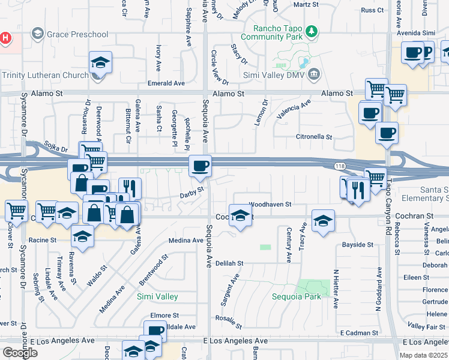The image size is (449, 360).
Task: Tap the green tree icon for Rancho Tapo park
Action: [x=311, y=30]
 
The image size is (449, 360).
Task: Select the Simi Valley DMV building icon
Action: [x=313, y=75]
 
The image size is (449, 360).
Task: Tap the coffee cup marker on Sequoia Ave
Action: [x=200, y=165]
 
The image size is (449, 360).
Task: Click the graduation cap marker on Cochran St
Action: [x=240, y=218]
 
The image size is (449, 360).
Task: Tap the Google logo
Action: [x=20, y=352]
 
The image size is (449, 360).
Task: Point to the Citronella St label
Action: [x=314, y=137]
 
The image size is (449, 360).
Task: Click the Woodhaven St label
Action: [x=270, y=205]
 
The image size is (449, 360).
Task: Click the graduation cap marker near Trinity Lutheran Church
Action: [x=101, y=62]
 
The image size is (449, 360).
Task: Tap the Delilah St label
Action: [x=229, y=263]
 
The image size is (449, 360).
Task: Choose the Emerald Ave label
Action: [x=167, y=83]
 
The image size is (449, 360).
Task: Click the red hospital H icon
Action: [x=5, y=38]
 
